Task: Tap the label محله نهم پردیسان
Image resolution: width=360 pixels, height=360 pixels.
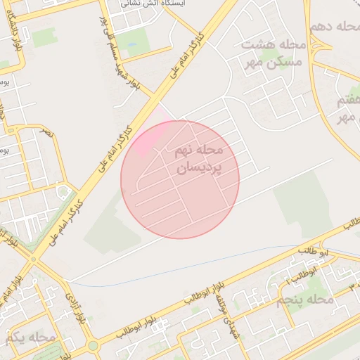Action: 198,160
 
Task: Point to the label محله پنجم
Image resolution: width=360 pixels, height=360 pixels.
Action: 304,300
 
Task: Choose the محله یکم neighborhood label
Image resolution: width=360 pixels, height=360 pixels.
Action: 30,337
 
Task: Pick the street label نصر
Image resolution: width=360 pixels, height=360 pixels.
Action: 46,131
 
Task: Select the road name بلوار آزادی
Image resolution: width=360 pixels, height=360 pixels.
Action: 77,306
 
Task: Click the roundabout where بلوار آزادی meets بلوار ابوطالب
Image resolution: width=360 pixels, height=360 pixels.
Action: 93,345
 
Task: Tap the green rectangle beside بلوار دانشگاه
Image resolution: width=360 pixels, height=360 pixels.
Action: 44,37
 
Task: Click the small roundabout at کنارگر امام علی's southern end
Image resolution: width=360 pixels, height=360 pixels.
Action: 33,258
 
